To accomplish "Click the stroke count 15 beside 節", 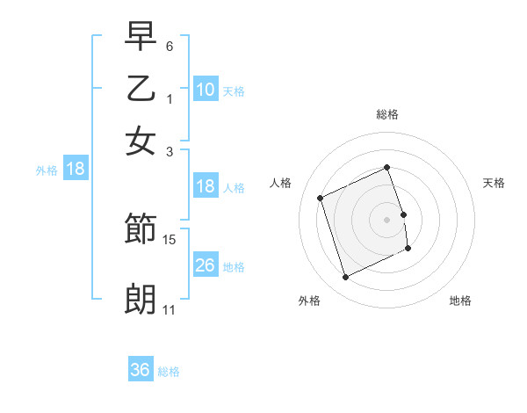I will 170,239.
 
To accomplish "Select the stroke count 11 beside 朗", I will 170,310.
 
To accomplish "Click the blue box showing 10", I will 206,89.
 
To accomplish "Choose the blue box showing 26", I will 206,264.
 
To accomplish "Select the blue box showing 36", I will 141,370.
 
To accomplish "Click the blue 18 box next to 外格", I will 76,169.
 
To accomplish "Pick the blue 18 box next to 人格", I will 206,186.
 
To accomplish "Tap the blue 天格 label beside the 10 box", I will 234,91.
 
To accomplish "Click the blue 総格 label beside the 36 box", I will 169,372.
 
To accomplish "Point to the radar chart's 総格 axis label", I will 387,115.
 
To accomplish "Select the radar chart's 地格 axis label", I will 460,301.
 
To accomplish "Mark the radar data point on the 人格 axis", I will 321,197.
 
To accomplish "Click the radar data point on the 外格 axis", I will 346,278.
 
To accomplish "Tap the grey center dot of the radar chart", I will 387,219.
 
